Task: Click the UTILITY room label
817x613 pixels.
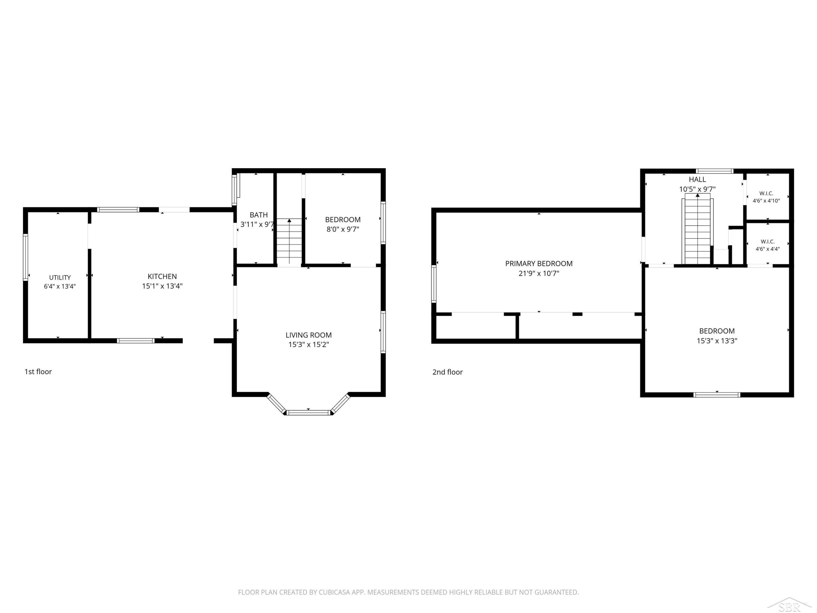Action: [60, 278]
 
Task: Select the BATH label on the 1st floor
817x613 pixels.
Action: [258, 215]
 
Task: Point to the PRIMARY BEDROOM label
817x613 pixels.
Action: [539, 263]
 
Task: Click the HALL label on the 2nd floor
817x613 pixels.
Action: [697, 180]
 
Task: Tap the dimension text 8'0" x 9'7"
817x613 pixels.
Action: [343, 229]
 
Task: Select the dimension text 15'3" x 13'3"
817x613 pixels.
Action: [717, 341]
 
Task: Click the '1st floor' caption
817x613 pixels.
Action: [38, 372]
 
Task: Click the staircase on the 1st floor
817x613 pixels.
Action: [289, 241]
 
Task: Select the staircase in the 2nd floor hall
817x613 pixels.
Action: [697, 229]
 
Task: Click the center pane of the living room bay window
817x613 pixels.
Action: [308, 412]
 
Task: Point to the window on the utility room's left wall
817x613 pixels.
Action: [26, 257]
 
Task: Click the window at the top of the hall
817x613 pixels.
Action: [715, 171]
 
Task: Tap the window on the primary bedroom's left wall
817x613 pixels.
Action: [434, 284]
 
